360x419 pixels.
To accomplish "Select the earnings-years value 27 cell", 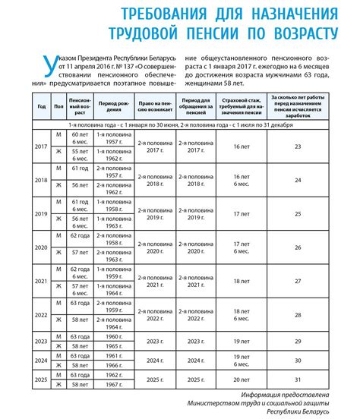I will (298, 280).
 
